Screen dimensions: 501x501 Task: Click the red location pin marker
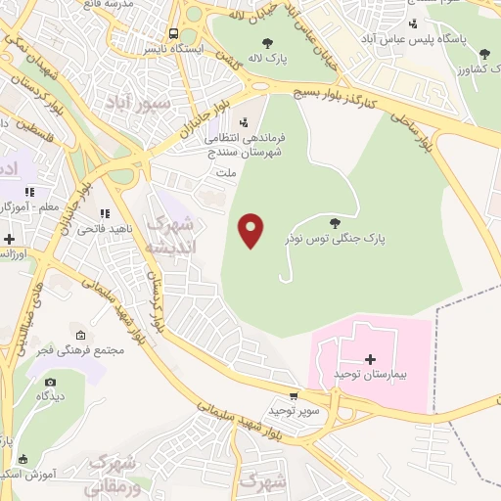coord(251,230)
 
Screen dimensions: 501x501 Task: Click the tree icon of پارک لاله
coord(267,43)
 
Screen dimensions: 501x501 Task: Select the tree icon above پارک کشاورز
coord(484,54)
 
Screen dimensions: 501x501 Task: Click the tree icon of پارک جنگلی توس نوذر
coord(336,223)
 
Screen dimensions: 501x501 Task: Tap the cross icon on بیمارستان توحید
coord(370,359)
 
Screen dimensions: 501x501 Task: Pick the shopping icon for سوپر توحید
coord(281,394)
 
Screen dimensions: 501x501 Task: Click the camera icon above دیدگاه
coord(50,382)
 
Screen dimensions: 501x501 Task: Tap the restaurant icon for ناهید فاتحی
coord(104,214)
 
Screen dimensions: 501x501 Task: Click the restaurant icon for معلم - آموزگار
coord(30,193)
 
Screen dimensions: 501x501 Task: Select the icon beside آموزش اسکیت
coord(23,459)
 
